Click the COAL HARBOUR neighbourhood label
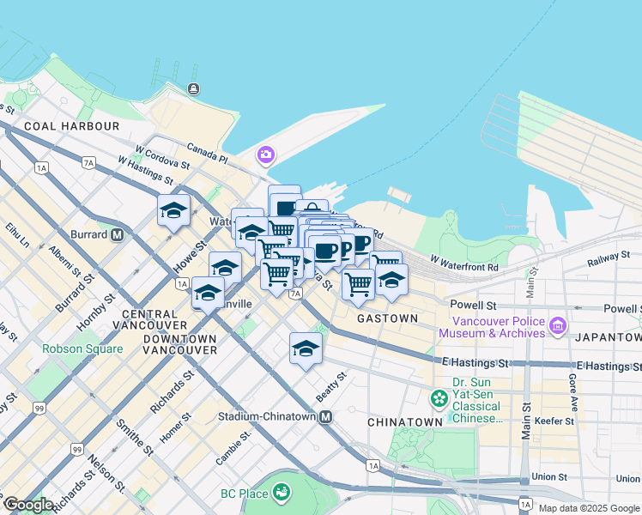72,126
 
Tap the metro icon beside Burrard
117,234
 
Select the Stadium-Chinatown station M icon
326,417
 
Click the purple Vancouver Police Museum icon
558,325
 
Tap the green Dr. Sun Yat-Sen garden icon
439,398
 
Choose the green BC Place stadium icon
280,492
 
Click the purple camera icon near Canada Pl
265,155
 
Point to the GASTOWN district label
387,318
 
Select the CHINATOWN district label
404,422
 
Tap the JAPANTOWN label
610,337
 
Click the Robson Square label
82,349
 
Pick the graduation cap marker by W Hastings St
173,211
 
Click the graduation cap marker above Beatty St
305,348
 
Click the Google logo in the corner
29,505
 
